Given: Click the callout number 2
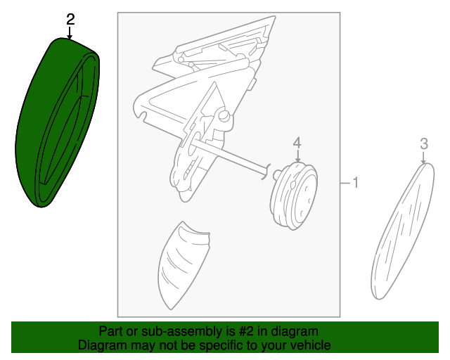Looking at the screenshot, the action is [x=70, y=20].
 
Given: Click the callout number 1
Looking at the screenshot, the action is [x=355, y=183].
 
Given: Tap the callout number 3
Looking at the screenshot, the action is [x=424, y=144].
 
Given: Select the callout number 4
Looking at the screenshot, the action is [x=297, y=143].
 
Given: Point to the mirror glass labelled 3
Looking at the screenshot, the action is [x=402, y=231].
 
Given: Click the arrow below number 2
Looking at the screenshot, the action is [x=69, y=33].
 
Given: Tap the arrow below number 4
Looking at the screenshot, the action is [x=297, y=156].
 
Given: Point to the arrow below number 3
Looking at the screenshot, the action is [x=423, y=157].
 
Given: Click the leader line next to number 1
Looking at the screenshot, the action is [x=345, y=183].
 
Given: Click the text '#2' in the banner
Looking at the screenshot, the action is [x=246, y=331].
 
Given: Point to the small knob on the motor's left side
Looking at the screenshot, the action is [x=277, y=174].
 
